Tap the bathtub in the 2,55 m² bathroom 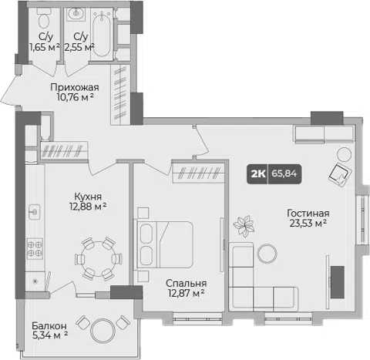(x=102, y=34)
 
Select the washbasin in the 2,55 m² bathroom (x=76, y=14)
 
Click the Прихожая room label (x=75, y=87)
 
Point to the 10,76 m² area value (x=75, y=97)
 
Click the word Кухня (x=88, y=197)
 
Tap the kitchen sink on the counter (x=35, y=212)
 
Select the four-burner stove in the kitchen (x=35, y=249)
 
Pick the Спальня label (x=186, y=283)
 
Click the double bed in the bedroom (x=163, y=245)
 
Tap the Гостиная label (x=308, y=214)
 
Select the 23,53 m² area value (x=308, y=223)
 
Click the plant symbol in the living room (x=244, y=226)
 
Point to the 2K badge (x=257, y=174)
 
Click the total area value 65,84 (x=284, y=174)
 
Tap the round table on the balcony (x=103, y=331)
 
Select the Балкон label (x=49, y=326)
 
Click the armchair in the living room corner (x=340, y=175)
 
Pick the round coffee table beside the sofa (x=267, y=254)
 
